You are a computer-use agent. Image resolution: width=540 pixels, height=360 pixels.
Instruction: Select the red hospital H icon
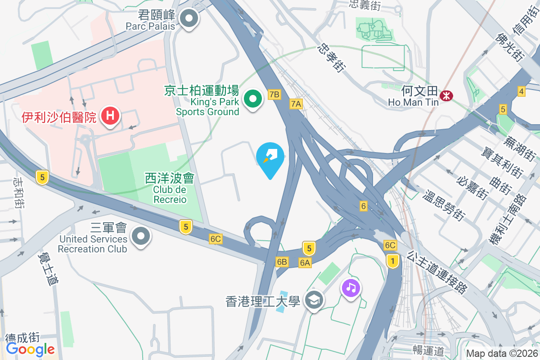point(110,117)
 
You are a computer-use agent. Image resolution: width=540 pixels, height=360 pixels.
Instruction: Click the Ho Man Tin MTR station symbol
point(447,96)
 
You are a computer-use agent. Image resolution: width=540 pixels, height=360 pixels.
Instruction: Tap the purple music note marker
point(351,287)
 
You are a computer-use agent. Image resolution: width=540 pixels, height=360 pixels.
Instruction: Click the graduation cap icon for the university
point(314,300)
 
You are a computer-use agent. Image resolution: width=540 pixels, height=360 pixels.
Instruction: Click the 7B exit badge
point(274,94)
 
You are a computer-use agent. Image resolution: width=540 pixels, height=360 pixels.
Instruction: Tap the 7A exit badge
point(296,104)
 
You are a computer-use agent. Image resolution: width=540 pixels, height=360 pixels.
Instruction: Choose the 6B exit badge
point(282,262)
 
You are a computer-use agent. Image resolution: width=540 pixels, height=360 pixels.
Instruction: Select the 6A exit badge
point(305,262)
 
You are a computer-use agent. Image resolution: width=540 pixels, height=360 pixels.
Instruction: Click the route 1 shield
point(393,261)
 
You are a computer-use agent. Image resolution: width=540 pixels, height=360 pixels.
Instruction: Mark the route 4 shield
point(522,92)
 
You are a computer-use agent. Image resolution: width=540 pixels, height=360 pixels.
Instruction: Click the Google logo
point(30,349)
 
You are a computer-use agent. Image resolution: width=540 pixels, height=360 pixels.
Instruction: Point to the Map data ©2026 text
point(501,354)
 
